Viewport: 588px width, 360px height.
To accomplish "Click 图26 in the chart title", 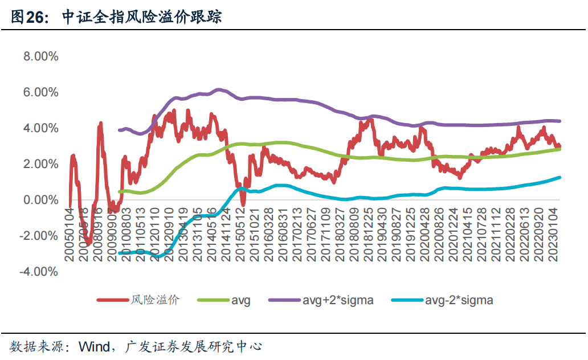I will point(27,18).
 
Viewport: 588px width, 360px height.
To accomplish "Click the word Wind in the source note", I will point(94,346).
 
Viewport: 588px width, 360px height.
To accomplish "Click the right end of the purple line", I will point(560,121).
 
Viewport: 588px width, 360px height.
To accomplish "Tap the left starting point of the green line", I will point(119,191).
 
